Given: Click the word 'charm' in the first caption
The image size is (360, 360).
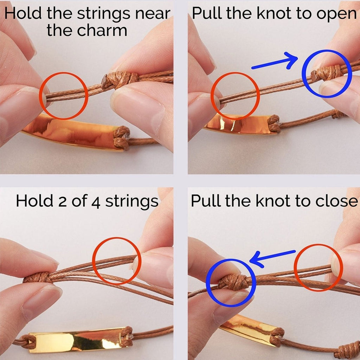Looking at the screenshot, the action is [102, 30].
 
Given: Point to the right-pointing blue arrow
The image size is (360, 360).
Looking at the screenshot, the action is [275, 61].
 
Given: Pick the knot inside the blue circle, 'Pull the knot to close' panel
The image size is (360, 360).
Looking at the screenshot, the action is [233, 282].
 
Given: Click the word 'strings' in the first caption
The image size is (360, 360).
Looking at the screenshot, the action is [103, 14].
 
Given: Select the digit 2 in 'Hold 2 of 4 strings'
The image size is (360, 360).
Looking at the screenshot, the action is [63, 201].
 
